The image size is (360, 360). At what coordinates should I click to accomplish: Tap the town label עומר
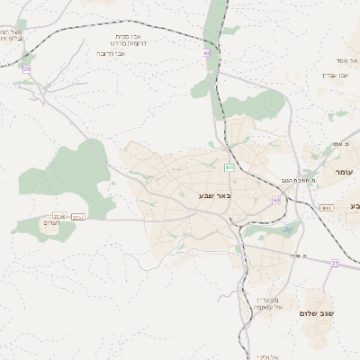tap(345, 171)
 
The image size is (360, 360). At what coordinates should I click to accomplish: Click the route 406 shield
tap(229, 167)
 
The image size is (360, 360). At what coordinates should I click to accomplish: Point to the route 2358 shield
tap(59, 217)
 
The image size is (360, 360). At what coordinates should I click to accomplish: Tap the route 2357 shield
tap(78, 217)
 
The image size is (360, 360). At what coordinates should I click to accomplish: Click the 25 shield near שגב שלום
tap(333, 263)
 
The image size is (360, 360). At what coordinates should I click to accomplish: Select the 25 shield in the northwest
tap(27, 69)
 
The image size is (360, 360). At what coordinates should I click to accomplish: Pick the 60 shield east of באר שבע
tap(276, 200)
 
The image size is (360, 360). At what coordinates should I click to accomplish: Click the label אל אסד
tap(346, 59)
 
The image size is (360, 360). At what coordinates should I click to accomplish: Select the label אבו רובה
tap(111, 53)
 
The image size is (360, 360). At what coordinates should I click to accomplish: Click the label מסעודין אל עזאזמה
tap(268, 303)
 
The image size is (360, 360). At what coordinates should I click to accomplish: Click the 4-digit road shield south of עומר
tap(326, 208)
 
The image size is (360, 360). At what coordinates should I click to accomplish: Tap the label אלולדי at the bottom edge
tap(269, 356)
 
